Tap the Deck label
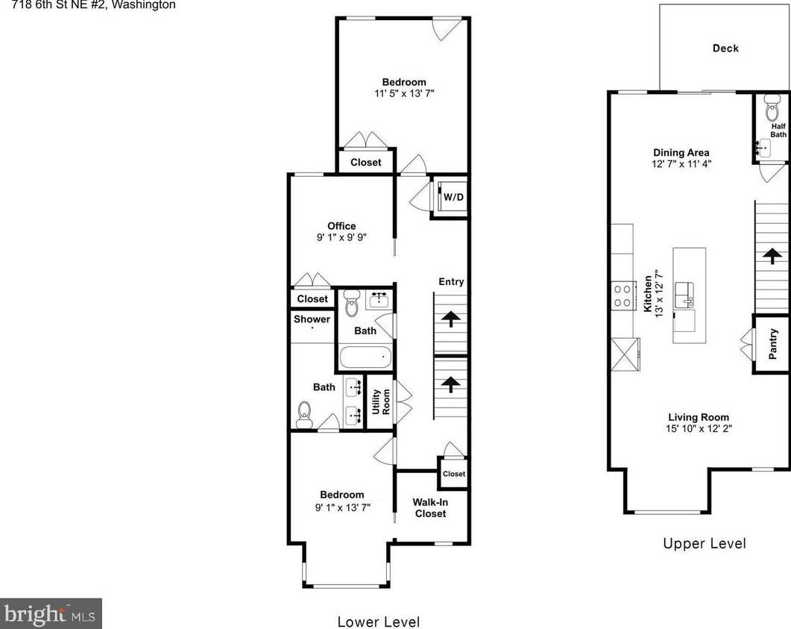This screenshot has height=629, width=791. [725, 48]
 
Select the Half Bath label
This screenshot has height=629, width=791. [778, 131]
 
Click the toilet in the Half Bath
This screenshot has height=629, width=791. [772, 112]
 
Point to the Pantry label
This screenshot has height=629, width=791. [773, 343]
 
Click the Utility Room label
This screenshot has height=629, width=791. [381, 402]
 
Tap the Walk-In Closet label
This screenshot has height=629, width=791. [430, 507]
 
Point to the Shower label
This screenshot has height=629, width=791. [312, 319]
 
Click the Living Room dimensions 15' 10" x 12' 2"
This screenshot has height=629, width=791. [698, 429]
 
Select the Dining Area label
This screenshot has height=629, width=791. [681, 152]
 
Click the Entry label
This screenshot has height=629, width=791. [451, 281]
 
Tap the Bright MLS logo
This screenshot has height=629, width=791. [51, 613]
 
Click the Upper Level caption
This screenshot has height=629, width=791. [704, 543]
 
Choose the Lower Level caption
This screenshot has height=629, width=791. [378, 622]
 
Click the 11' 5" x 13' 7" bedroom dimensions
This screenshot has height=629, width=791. [404, 94]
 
